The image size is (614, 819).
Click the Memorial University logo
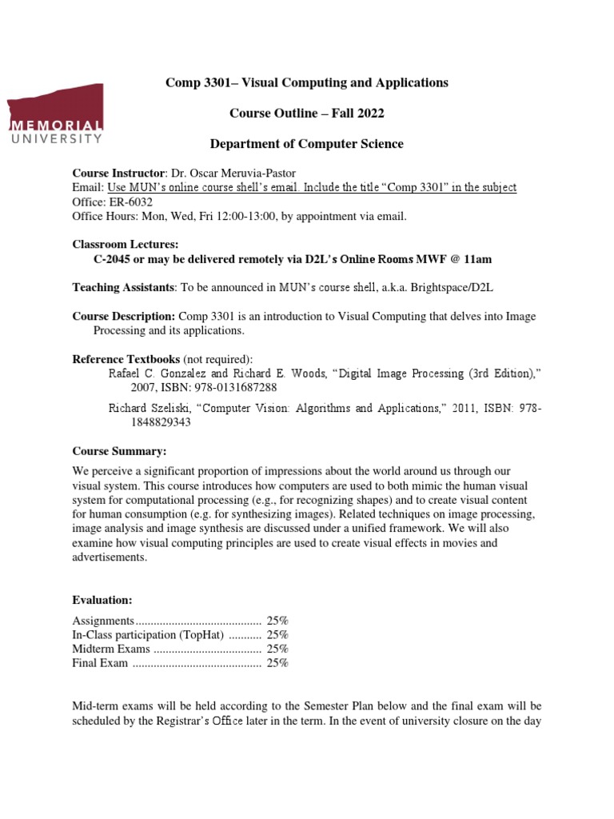(x=56, y=112)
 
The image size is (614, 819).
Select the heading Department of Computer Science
(x=306, y=144)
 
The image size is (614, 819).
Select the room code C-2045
(x=113, y=259)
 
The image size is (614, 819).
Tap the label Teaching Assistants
(x=123, y=288)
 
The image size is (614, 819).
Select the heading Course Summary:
(x=119, y=452)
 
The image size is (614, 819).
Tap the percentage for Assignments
(x=277, y=621)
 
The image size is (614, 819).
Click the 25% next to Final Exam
(x=277, y=663)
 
